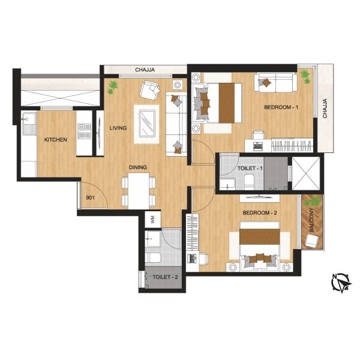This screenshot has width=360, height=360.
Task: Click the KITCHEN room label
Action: pyautogui.click(x=55, y=140)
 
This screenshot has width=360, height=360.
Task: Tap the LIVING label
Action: pyautogui.click(x=117, y=128)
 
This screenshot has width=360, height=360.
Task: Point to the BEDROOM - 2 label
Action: pyautogui.click(x=259, y=213)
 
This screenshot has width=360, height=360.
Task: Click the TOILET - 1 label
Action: pyautogui.click(x=250, y=169)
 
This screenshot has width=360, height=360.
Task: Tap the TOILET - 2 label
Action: pyautogui.click(x=164, y=277)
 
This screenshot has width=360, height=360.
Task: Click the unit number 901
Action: pyautogui.click(x=90, y=197)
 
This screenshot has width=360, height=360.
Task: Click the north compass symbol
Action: pyautogui.click(x=341, y=281)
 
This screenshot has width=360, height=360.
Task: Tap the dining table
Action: pyautogui.click(x=139, y=190)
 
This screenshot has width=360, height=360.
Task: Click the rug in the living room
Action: pyautogui.click(x=146, y=124)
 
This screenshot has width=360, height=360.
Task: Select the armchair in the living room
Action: pyautogui.click(x=149, y=92)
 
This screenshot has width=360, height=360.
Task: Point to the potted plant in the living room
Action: pyautogui.click(x=112, y=88)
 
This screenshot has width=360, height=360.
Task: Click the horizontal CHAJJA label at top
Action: pyautogui.click(x=145, y=70)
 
